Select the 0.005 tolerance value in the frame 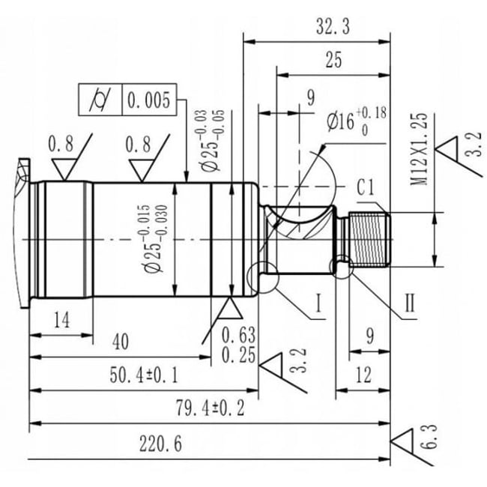click(149, 100)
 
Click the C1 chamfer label click(366, 187)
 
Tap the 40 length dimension click(120, 342)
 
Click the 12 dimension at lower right click(363, 375)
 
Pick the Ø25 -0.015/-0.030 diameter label click(160, 239)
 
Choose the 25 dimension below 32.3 click(333, 61)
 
